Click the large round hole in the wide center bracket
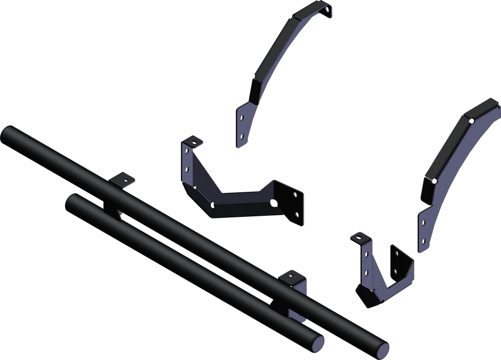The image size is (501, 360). click(x=275, y=203)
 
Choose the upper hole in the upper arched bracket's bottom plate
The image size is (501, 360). click(x=241, y=118)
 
